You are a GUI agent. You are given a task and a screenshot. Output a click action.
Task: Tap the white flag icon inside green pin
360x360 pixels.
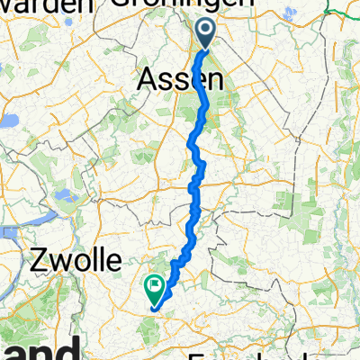pyautogui.click(x=157, y=287)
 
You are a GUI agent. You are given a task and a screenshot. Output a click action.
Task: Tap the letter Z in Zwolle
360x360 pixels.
pyautogui.click(x=37, y=262)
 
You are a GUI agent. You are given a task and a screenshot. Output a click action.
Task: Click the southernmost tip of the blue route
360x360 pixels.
pyautogui.click(x=155, y=310)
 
